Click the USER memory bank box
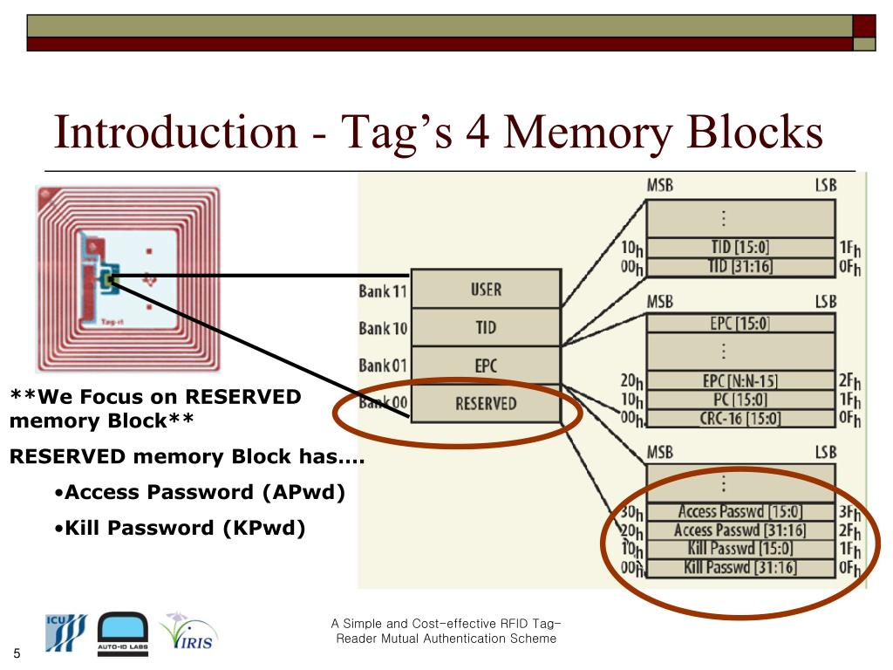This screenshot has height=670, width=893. point(485,289)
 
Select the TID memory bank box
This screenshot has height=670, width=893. point(485,327)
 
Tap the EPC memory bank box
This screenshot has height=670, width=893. point(485,365)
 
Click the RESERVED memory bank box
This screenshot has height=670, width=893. point(485,403)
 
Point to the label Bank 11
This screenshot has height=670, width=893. point(383,291)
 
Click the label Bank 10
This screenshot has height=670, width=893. point(383,328)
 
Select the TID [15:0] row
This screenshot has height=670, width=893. point(740,248)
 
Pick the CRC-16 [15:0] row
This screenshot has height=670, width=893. point(740,418)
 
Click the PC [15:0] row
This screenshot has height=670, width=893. point(740,400)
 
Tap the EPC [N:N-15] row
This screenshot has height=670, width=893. point(740,381)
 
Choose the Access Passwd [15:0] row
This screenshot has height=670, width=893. point(740,512)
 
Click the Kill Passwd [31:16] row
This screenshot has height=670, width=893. point(740,568)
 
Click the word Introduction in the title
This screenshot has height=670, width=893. point(175,133)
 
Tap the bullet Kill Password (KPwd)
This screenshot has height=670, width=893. point(185,528)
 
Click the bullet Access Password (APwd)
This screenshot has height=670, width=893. point(204,492)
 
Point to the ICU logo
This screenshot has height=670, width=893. point(66,632)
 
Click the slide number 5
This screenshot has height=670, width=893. point(16,655)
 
